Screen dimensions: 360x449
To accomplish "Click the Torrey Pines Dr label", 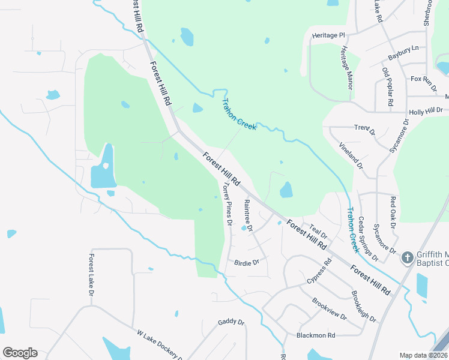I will point(227,204).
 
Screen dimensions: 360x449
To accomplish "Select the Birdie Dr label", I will point(247,262).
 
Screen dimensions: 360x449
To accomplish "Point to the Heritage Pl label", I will point(329,36).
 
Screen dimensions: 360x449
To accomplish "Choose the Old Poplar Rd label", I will point(387,88).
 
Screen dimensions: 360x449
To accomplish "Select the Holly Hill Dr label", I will point(426,111).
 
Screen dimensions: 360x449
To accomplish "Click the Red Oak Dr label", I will point(393,212).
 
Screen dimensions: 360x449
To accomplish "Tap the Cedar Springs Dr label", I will point(368,239).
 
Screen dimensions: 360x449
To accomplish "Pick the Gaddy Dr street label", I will point(232,322).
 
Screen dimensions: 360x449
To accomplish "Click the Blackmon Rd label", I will point(315,335).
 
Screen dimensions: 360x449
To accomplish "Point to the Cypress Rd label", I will point(319,271).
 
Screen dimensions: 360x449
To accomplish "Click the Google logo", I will point(20,353).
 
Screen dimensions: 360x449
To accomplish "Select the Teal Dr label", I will point(318,231).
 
